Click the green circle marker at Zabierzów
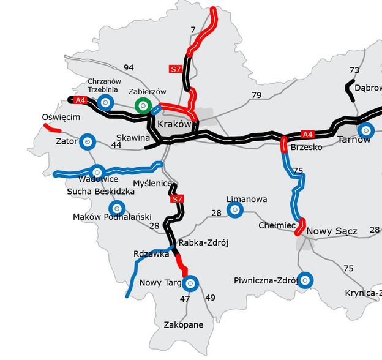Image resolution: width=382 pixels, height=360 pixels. [x=143, y=105]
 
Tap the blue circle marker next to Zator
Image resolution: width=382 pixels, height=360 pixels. [x=88, y=142]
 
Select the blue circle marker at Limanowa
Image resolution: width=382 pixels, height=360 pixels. [x=234, y=210]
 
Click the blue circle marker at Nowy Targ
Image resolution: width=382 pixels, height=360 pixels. [x=190, y=283]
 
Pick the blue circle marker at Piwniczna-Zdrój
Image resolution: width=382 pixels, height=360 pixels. [x=305, y=280]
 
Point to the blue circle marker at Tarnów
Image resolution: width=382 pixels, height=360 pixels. [x=365, y=130]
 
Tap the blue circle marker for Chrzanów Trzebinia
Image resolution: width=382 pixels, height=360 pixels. [x=106, y=102]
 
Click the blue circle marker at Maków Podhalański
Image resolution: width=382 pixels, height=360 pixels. [x=115, y=208]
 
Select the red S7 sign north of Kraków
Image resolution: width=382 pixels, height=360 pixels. [x=175, y=70]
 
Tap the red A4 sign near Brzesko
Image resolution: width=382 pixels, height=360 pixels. [x=307, y=133]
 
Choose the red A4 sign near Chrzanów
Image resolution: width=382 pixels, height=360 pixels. [x=80, y=99]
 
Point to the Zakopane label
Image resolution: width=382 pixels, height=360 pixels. [x=184, y=324]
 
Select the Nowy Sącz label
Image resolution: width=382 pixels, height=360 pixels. [x=331, y=231]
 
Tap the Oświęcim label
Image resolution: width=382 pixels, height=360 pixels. [x=61, y=117]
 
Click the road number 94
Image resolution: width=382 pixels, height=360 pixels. [x=128, y=67]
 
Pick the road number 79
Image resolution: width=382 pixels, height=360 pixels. [x=256, y=95]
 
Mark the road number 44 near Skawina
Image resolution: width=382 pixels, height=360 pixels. [x=116, y=144]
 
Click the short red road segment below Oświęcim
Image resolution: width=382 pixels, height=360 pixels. [x=52, y=128]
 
